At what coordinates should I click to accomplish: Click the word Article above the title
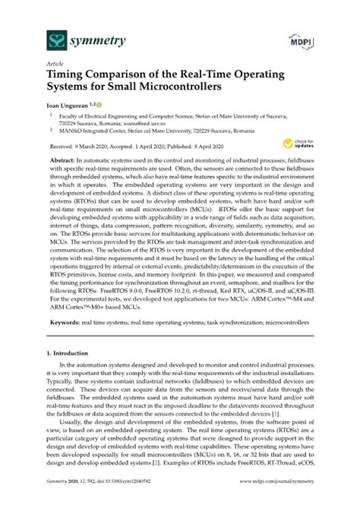tap(55, 65)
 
